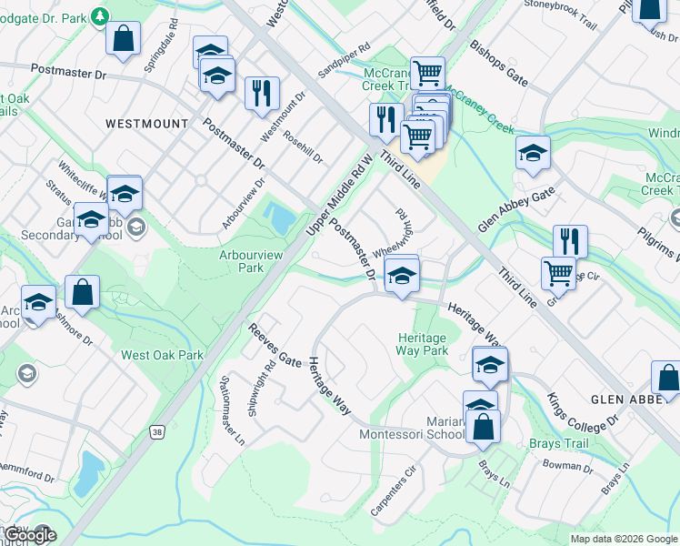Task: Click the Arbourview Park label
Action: point(241,261)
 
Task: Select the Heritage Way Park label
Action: point(423,344)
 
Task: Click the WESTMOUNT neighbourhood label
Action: point(146,123)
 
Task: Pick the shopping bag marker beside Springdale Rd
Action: point(122,39)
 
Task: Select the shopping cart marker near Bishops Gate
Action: point(426,73)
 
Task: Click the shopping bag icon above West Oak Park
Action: point(82,292)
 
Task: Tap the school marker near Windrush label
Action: point(533,153)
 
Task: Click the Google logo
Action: point(29,535)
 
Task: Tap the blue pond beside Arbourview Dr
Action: point(280,218)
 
